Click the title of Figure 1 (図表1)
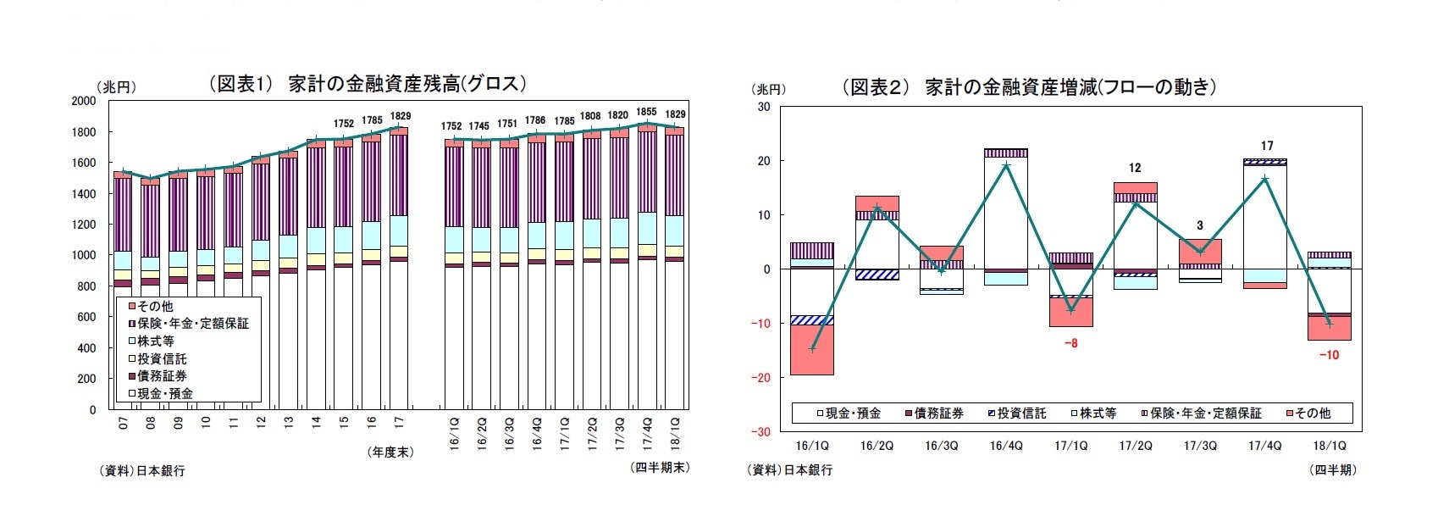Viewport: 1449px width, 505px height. [368, 83]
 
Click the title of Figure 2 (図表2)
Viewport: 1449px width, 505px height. [1028, 86]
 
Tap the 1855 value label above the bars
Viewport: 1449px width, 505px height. [646, 112]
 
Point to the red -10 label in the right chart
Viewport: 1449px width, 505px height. [1329, 355]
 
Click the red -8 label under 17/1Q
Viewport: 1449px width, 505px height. [1070, 343]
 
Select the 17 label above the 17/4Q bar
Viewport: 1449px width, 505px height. [1266, 146]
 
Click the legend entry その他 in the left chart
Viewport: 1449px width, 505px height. [155, 306]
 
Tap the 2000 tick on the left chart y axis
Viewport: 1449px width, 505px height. [84, 101]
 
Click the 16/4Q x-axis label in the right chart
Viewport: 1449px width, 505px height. [1006, 446]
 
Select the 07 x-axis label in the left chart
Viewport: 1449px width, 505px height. [124, 423]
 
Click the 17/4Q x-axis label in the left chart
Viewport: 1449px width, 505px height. [648, 432]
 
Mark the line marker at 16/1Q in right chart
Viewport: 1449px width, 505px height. [812, 349]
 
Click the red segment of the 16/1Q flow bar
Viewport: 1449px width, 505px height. [812, 350]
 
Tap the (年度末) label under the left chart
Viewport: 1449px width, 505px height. [390, 452]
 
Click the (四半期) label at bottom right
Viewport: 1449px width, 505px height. [1333, 469]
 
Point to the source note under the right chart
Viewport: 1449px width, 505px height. [790, 469]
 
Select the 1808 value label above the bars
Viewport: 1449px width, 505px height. [590, 116]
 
